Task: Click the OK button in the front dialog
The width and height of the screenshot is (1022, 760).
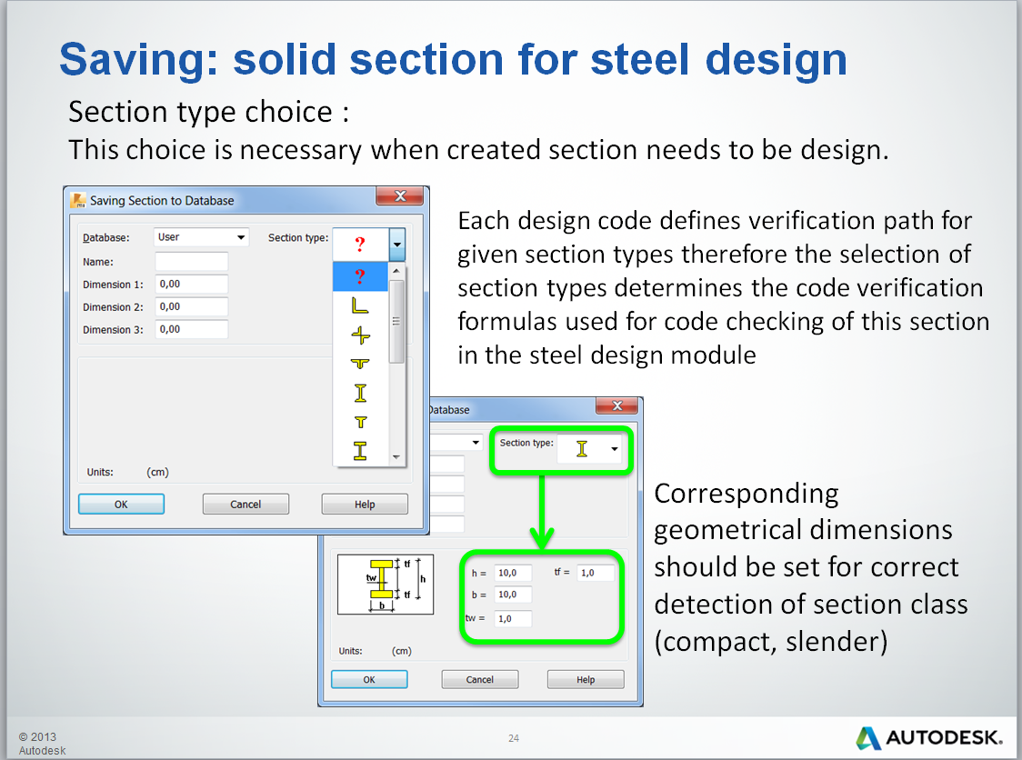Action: point(121,504)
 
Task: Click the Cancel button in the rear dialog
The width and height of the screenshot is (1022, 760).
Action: point(479,679)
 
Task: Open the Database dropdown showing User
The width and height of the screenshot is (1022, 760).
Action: point(201,237)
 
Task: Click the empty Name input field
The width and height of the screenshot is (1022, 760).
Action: point(191,262)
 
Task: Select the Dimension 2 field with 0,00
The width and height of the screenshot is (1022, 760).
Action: point(191,307)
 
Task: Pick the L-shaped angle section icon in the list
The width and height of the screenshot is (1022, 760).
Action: point(360,307)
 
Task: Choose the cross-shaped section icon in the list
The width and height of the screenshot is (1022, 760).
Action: point(360,335)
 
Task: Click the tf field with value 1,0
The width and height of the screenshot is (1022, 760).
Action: point(596,573)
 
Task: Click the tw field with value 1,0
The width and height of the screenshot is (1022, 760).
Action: point(513,618)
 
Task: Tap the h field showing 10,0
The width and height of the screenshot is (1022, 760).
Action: point(513,573)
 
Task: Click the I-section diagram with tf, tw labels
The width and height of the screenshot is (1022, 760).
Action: point(386,584)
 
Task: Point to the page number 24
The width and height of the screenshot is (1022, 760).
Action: point(514,738)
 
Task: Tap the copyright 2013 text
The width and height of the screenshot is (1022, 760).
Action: point(37,736)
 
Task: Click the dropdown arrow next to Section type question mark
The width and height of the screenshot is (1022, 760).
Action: point(397,245)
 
